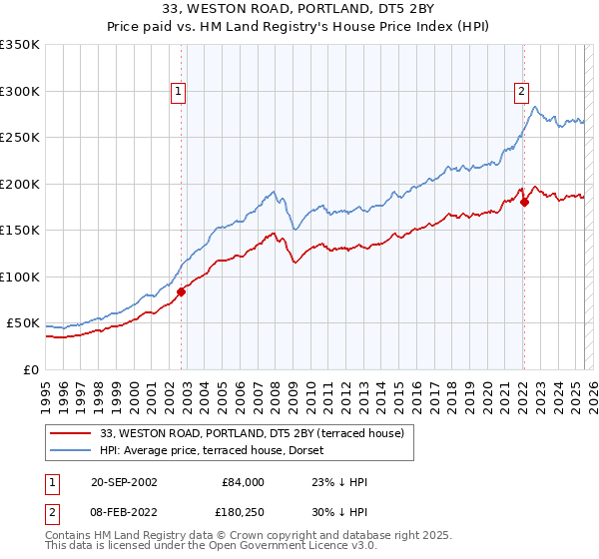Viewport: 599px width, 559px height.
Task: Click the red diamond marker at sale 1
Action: [182, 291]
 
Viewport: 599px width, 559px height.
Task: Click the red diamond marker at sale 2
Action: [524, 203]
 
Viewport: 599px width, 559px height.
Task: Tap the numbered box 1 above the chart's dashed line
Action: [178, 92]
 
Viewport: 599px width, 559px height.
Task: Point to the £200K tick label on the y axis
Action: [19, 184]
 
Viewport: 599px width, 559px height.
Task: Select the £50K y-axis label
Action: [23, 323]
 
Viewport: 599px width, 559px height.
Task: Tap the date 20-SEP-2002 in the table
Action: [124, 482]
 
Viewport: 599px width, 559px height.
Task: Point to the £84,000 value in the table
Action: [243, 482]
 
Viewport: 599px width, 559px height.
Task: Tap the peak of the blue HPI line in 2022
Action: [535, 107]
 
